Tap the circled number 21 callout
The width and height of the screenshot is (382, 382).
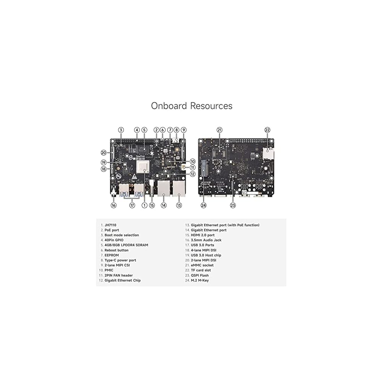219,130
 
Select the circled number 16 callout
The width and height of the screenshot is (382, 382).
113,205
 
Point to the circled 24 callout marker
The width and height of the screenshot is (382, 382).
204,205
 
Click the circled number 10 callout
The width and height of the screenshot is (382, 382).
193,161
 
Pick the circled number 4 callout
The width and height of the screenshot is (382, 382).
137,130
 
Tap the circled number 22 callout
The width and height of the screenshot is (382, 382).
267,130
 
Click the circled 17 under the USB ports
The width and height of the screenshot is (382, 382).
132,205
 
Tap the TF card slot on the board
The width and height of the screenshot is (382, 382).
269,154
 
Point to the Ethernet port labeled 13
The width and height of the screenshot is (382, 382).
178,189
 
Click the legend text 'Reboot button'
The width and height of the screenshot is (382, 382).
117,250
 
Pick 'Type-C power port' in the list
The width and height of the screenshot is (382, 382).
120,260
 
